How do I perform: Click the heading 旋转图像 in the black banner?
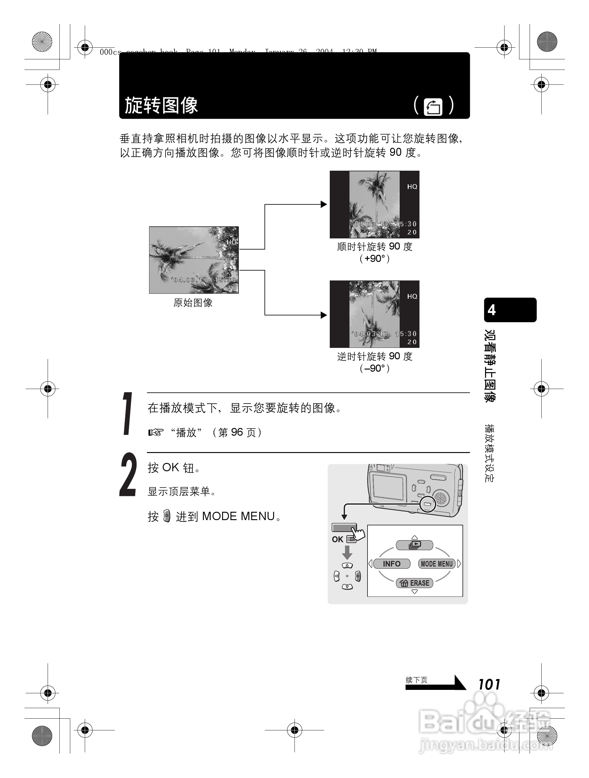point(161,105)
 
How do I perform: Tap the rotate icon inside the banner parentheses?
point(433,107)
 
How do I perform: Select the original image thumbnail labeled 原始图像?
point(194,260)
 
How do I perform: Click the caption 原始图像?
point(193,303)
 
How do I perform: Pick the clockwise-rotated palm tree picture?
point(374,204)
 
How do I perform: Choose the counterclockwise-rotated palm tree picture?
point(374,314)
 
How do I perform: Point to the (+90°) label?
point(374,259)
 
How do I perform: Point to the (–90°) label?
point(374,368)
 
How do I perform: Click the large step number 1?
point(128,414)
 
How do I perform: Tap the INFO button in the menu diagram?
point(392,564)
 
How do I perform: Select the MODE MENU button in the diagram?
point(437,564)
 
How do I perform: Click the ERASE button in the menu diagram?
point(415,583)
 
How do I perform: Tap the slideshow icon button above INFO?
point(415,545)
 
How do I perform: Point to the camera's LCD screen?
point(388,486)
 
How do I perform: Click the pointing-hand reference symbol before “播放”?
point(156,432)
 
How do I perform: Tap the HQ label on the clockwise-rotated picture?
point(412,187)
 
